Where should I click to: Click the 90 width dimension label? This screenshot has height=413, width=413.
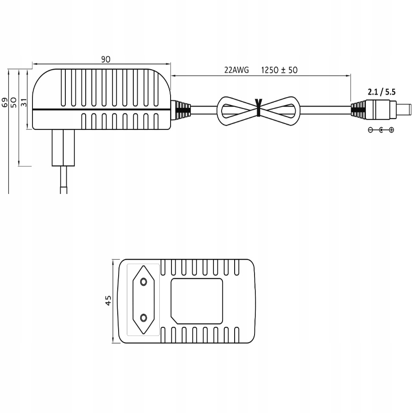coord(106,60)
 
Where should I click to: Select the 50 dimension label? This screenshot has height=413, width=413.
coord(14,102)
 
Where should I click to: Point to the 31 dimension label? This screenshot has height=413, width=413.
coord(24,102)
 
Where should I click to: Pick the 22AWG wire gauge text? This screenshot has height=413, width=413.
coord(237,70)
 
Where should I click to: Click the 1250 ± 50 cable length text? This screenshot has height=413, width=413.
coord(280,70)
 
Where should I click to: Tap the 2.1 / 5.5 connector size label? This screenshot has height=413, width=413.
coord(381,92)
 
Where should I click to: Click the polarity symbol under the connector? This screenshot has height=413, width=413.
coord(381,130)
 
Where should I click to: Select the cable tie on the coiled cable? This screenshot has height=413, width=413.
coord(259,108)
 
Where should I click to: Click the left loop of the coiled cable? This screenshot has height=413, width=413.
coord(234,110)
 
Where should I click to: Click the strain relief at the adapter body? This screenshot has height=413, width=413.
coord(181,110)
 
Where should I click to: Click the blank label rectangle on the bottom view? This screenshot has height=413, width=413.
coord(197,300)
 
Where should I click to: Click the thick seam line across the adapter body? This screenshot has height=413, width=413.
coord(102,110)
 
